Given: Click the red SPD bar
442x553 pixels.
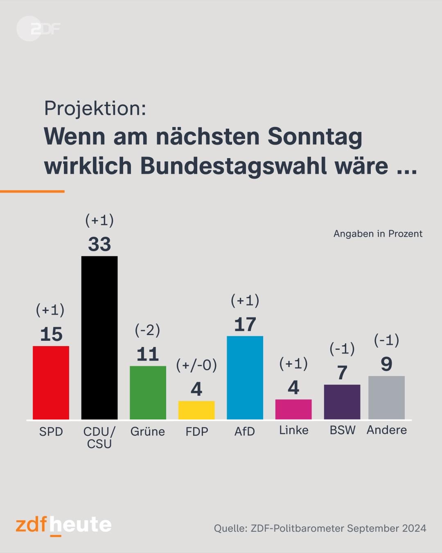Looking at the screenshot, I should click(51, 383).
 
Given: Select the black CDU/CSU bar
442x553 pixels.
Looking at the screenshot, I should click(99, 338).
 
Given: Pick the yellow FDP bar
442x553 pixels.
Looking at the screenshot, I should click(196, 410).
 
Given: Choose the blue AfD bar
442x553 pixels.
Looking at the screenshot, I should click(245, 378).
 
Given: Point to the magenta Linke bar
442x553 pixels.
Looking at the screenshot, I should click(293, 409).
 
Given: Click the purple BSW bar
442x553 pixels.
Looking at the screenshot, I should click(342, 402).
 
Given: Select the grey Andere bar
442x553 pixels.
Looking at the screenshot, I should click(386, 397).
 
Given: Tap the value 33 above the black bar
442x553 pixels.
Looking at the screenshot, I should click(99, 245).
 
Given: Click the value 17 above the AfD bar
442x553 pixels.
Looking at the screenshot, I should click(245, 325).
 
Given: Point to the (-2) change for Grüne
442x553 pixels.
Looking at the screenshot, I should click(147, 330).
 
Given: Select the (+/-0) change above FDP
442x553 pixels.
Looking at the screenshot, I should click(196, 365).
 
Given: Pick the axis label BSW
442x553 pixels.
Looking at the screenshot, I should click(343, 430).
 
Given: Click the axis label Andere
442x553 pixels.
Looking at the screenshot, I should click(387, 430).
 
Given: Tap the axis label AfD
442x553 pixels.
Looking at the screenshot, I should click(245, 431).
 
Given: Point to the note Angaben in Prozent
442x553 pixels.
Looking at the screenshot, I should click(378, 234).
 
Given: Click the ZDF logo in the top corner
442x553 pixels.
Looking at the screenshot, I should click(38, 29).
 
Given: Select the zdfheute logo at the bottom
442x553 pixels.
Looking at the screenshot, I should click(63, 525).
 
